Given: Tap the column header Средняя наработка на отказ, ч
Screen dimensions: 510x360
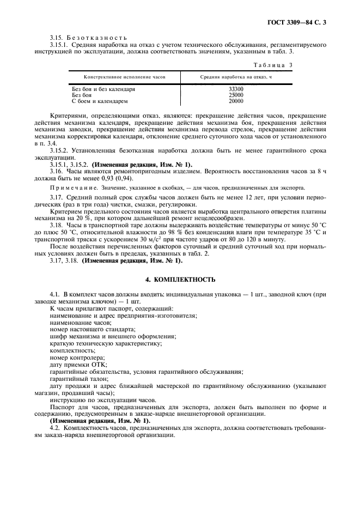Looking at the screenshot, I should coord(236,77).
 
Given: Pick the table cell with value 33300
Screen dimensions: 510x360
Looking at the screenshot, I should coord(236,89).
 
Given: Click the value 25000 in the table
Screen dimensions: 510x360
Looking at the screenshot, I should coord(236,95).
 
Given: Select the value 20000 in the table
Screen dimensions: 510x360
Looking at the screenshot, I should coord(236,101).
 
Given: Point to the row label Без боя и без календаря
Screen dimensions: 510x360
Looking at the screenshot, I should coord(103,89).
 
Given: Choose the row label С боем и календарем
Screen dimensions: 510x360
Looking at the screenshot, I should coord(100,101).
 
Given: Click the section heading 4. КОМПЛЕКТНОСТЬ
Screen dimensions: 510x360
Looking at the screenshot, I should coord(180,280).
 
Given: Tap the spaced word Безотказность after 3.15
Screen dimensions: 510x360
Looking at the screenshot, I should coord(97,37).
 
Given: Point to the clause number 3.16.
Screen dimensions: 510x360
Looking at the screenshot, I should coord(56,171).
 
